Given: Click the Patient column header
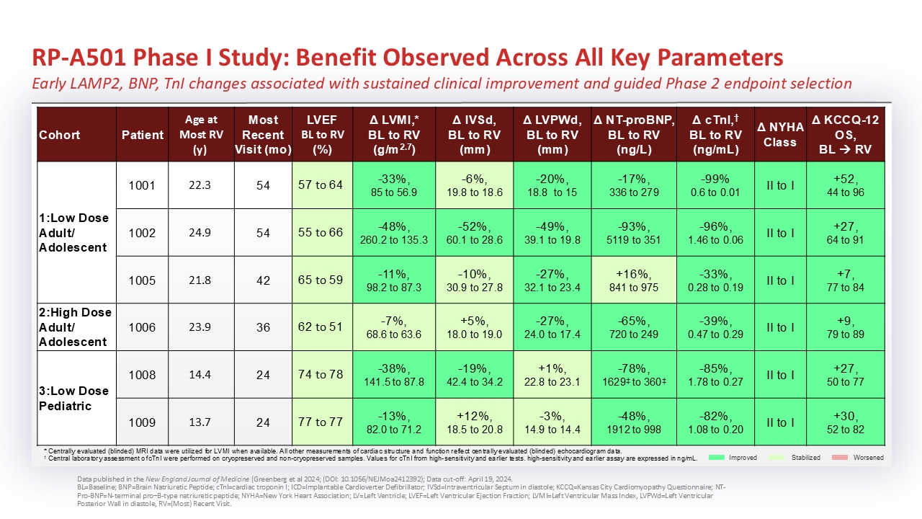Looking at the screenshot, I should [142, 135].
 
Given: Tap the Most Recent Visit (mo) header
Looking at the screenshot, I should [263, 135].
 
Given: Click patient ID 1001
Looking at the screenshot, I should [142, 185].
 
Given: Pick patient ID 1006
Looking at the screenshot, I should [142, 327].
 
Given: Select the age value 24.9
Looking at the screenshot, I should [199, 233].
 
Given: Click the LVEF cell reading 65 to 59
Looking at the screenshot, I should [321, 280].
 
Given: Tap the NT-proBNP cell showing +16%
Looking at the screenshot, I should [633, 280].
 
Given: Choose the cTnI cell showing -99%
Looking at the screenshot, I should [715, 185].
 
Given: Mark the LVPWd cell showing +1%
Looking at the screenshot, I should [552, 375].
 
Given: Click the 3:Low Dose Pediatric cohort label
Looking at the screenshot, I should [74, 398].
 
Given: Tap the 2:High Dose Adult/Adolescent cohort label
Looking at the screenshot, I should [74, 327].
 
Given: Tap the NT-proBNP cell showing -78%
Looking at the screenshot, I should [633, 375].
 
